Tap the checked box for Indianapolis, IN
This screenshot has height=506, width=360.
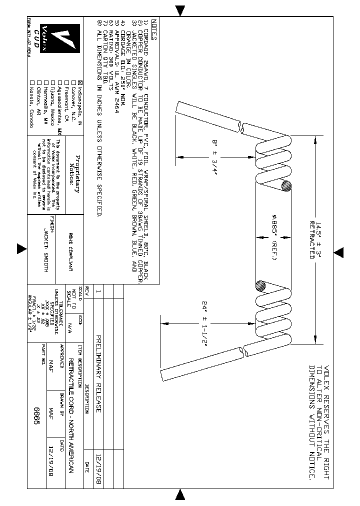pos(80,83)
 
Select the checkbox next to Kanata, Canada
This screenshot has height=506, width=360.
pos(32,83)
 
